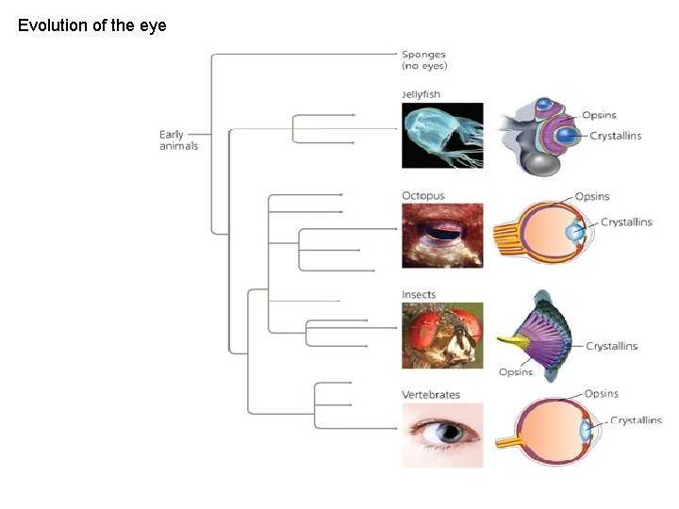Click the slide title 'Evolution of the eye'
[92, 25]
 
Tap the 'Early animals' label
[178, 140]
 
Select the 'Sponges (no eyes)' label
[424, 60]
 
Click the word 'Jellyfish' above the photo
[422, 94]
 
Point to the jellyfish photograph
[442, 136]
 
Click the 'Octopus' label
[423, 196]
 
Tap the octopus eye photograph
[442, 235]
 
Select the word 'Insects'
[419, 295]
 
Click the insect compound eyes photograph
[442, 334]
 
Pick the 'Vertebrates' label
[431, 395]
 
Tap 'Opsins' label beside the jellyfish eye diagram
[599, 115]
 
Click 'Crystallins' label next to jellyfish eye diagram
[615, 136]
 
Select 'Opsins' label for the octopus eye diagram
[592, 197]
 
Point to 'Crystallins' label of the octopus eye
[625, 222]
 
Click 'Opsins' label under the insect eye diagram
[516, 371]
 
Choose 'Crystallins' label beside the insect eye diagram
[611, 346]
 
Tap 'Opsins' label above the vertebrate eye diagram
[602, 393]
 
